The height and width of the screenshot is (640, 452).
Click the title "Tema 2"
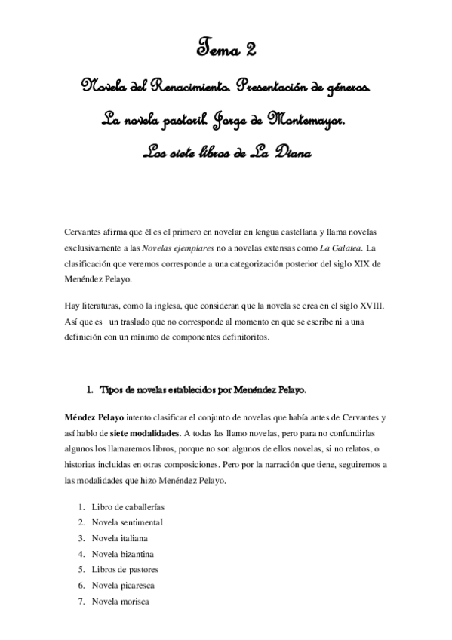226,51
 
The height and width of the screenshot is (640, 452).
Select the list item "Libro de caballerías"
128,506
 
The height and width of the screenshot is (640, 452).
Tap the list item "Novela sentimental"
127,522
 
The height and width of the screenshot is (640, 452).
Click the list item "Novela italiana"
119,538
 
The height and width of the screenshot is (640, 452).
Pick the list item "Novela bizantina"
122,554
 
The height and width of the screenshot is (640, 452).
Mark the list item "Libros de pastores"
125,569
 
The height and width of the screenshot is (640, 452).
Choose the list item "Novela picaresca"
124,585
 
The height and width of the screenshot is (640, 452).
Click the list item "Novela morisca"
120,601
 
